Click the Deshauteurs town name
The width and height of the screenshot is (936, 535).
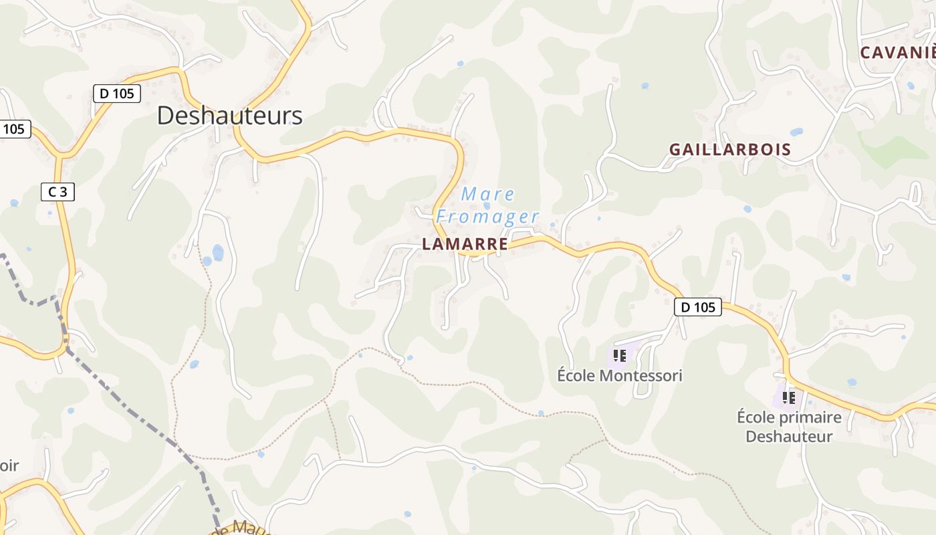229,116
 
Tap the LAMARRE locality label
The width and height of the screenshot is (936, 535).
465,245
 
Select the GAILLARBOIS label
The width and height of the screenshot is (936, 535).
730,150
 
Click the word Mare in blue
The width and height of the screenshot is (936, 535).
488,195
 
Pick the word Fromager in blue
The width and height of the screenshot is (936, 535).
487,217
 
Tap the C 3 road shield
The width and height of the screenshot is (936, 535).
57,192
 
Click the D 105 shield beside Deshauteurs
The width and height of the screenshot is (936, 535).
117,94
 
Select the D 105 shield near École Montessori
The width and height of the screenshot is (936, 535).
698,307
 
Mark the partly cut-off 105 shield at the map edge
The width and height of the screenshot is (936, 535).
14,128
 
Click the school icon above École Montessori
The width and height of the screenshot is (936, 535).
619,355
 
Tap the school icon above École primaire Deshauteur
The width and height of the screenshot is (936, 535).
789,397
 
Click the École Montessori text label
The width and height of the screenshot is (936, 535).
620,376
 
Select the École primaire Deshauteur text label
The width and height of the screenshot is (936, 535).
789,427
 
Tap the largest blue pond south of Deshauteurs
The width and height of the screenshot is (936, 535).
218,252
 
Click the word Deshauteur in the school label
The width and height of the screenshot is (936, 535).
789,437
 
